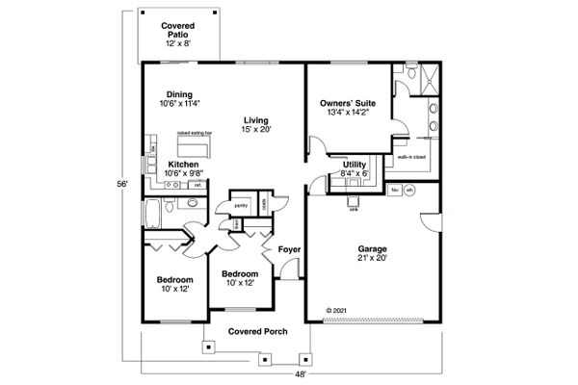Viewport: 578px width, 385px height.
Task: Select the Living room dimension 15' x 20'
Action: (x=255, y=129)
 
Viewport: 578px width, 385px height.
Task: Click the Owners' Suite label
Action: (x=349, y=102)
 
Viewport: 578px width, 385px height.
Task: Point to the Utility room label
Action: (x=354, y=166)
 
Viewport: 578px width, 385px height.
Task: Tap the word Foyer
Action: (x=290, y=250)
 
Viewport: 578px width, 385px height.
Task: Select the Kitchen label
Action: (x=183, y=165)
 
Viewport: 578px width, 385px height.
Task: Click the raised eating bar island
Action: (x=195, y=147)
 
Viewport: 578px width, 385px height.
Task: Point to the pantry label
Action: (x=241, y=205)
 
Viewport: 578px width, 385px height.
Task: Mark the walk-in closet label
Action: (x=410, y=155)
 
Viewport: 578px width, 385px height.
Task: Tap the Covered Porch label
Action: (x=253, y=332)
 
